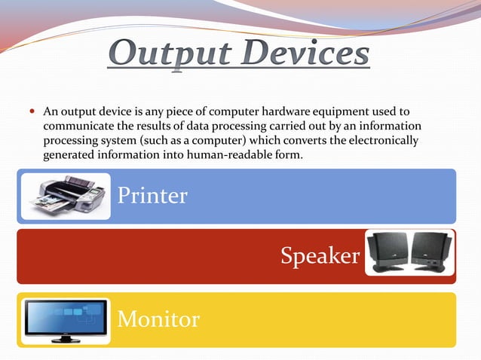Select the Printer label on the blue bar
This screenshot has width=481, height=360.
click(x=152, y=196)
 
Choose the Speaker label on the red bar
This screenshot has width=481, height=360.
click(x=320, y=256)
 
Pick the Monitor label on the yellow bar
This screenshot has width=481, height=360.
click(x=158, y=320)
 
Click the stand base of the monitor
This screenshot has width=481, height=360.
click(x=66, y=340)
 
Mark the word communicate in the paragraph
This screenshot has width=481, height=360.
click(x=74, y=127)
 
